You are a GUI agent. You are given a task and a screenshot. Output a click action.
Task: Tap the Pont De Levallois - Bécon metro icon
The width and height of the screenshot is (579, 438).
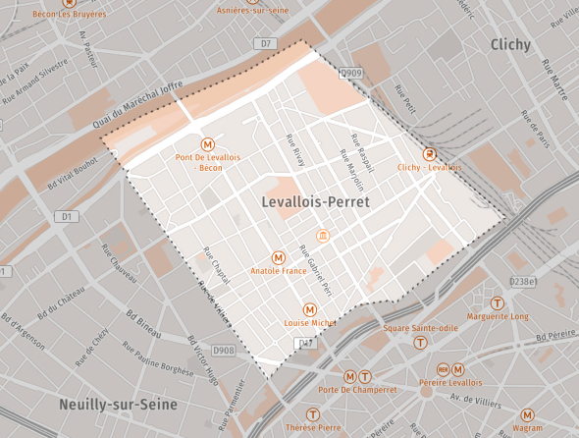pyautogui.click(x=208, y=142)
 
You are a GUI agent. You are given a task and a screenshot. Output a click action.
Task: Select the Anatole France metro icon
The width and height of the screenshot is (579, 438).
pyautogui.click(x=279, y=257)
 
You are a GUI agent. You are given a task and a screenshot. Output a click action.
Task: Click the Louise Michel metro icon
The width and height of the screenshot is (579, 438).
pyautogui.click(x=310, y=309)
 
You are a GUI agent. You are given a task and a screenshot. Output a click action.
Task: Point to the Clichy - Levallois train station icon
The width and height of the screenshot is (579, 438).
pyautogui.click(x=429, y=154)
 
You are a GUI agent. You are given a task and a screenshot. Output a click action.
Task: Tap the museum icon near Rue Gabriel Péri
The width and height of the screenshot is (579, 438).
pyautogui.click(x=323, y=236)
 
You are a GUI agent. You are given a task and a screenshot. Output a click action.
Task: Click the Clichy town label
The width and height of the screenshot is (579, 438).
pyautogui.click(x=510, y=45)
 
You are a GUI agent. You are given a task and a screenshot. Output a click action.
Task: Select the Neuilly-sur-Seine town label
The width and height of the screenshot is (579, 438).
pyautogui.click(x=117, y=405)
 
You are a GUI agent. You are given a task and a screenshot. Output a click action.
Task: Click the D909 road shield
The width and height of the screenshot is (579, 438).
pyautogui.click(x=351, y=74)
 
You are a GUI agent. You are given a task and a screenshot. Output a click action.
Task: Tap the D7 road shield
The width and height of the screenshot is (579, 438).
pyautogui.click(x=266, y=43)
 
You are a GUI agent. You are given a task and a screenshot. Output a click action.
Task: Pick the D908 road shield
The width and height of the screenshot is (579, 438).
pyautogui.click(x=225, y=350)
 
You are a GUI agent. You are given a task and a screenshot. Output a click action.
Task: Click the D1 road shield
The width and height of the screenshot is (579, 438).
pyautogui.click(x=67, y=215)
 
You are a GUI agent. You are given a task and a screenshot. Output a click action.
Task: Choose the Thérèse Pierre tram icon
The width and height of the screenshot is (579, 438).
pyautogui.click(x=313, y=414)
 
